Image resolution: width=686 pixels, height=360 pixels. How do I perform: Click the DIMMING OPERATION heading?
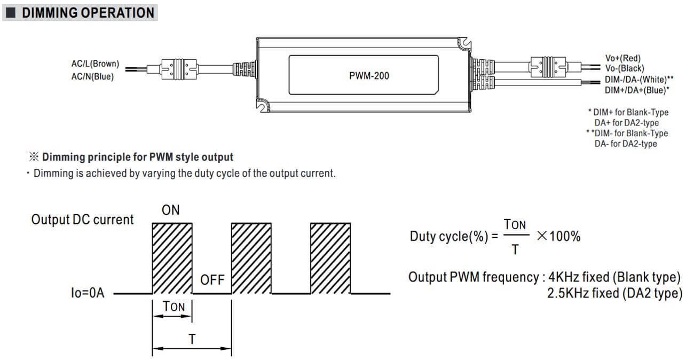pyautogui.click(x=88, y=13)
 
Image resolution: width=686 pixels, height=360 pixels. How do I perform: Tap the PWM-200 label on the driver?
pyautogui.click(x=369, y=76)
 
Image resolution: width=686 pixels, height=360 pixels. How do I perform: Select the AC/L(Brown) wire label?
pyautogui.click(x=95, y=64)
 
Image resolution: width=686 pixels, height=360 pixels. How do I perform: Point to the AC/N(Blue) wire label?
pyautogui.click(x=92, y=76)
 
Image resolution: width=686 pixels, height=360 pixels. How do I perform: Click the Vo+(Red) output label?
pyautogui.click(x=623, y=58)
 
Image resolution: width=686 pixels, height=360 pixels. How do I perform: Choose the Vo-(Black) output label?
pyautogui.click(x=625, y=68)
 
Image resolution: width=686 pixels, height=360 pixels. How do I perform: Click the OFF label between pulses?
pyautogui.click(x=212, y=280)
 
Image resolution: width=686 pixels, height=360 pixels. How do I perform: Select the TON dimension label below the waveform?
pyautogui.click(x=173, y=306)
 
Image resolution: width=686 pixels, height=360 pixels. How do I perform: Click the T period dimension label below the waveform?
pyautogui.click(x=192, y=339)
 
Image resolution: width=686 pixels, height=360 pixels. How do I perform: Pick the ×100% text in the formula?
pyautogui.click(x=558, y=236)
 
